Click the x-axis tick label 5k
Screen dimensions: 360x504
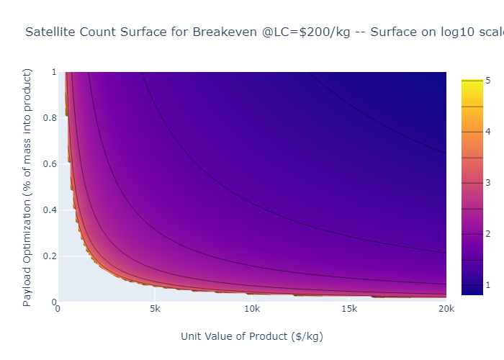point(155,309)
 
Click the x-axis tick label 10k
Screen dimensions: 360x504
point(252,309)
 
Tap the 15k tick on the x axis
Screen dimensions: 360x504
point(349,309)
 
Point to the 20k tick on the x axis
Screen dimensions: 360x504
point(446,309)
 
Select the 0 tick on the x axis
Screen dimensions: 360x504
point(58,309)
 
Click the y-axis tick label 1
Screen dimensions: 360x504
point(53,72)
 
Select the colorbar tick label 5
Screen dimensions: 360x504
point(488,80)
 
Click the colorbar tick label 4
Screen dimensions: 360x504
point(488,131)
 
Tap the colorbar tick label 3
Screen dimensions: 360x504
point(488,183)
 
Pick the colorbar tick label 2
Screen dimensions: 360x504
point(488,234)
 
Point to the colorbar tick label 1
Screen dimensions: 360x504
point(488,285)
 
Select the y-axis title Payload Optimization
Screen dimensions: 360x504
point(28,187)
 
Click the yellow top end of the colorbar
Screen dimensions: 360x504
point(472,81)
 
